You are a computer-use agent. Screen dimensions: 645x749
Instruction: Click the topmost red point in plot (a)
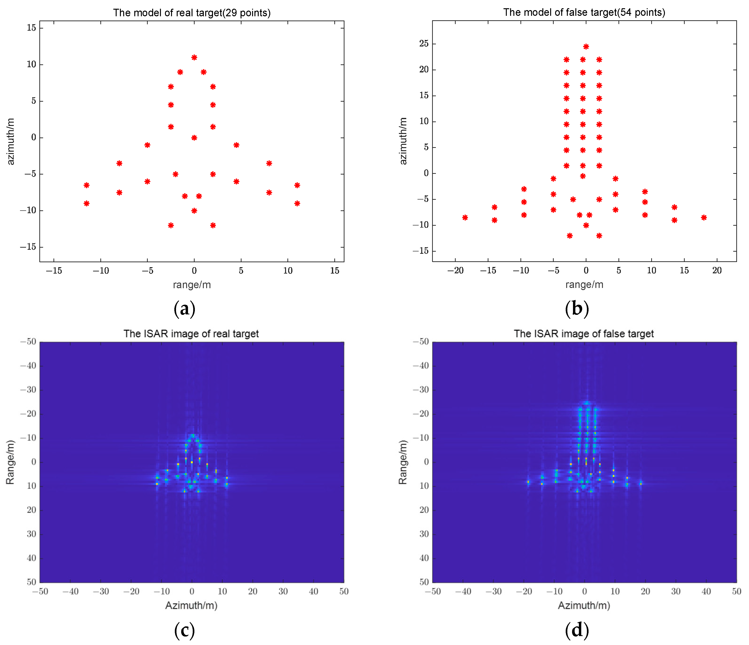click(x=194, y=58)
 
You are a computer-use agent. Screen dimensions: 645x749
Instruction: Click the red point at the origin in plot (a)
click(x=194, y=138)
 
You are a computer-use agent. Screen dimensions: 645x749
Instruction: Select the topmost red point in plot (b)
click(x=586, y=47)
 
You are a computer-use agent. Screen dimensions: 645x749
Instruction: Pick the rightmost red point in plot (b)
click(x=704, y=218)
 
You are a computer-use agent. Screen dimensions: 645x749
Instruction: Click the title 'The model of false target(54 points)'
click(x=584, y=13)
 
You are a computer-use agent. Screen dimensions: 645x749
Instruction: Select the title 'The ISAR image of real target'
click(x=191, y=333)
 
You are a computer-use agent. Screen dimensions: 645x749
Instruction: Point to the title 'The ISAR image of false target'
click(x=584, y=333)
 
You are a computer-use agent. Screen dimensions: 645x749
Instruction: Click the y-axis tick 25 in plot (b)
click(x=424, y=44)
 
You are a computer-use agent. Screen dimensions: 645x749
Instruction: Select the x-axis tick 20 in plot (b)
click(x=717, y=270)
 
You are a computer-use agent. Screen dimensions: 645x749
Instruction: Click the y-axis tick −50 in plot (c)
click(x=28, y=342)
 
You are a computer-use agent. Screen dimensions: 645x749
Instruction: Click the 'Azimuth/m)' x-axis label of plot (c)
click(x=191, y=606)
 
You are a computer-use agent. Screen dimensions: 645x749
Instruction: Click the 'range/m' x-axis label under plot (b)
click(x=584, y=285)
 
